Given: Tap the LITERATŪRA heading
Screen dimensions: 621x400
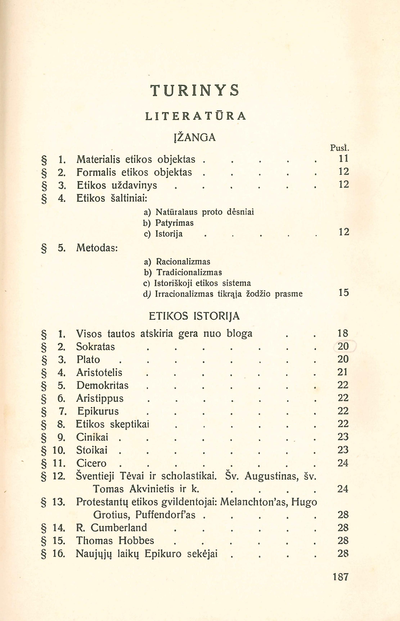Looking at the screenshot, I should pyautogui.click(x=195, y=116).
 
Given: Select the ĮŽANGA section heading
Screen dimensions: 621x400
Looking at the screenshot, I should pyautogui.click(x=195, y=137).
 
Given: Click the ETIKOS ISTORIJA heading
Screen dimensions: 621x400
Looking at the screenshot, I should pyautogui.click(x=194, y=316).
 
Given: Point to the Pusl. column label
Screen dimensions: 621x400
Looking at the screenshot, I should pyautogui.click(x=339, y=148).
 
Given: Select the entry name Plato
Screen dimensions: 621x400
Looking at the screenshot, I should pyautogui.click(x=88, y=359).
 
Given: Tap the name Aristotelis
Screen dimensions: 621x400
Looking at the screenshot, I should pyautogui.click(x=99, y=372).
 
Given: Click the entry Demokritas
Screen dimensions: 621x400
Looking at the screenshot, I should pyautogui.click(x=102, y=385).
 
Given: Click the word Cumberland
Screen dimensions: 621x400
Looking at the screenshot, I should pyautogui.click(x=119, y=528).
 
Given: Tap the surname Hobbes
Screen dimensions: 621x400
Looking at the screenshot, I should pyautogui.click(x=136, y=541).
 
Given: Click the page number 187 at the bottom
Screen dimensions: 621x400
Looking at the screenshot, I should pyautogui.click(x=340, y=577).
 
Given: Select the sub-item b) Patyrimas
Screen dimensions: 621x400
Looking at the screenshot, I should pyautogui.click(x=169, y=223).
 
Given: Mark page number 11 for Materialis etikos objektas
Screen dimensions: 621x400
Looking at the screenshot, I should pyautogui.click(x=343, y=158).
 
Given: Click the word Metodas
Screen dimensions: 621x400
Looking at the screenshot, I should pyautogui.click(x=97, y=248).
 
